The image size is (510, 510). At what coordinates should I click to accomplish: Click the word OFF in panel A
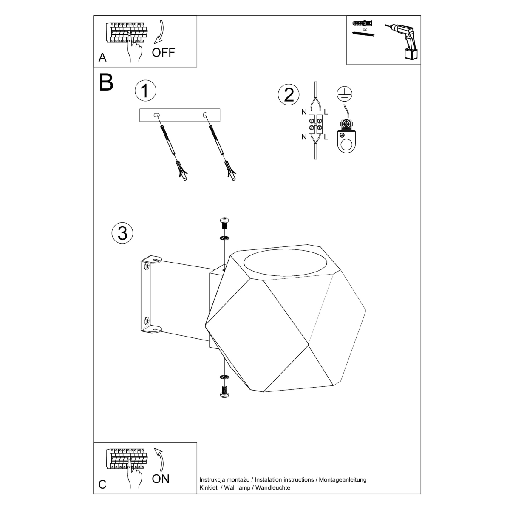(164, 53)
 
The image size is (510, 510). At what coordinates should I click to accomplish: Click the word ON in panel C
(161, 479)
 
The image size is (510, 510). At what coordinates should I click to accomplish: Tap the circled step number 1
(145, 91)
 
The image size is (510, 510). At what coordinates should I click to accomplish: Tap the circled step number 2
(289, 94)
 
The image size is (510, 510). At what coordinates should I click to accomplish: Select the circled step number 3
(122, 233)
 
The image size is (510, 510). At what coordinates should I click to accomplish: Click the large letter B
(106, 83)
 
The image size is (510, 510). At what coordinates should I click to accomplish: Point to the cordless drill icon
(404, 40)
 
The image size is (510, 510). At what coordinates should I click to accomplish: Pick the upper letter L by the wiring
(326, 112)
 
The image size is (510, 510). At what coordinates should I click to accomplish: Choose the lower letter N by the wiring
(304, 137)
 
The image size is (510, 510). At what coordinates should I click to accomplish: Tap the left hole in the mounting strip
(157, 115)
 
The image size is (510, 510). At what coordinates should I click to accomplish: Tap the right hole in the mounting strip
(206, 115)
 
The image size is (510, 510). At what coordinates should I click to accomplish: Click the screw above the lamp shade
(224, 221)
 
